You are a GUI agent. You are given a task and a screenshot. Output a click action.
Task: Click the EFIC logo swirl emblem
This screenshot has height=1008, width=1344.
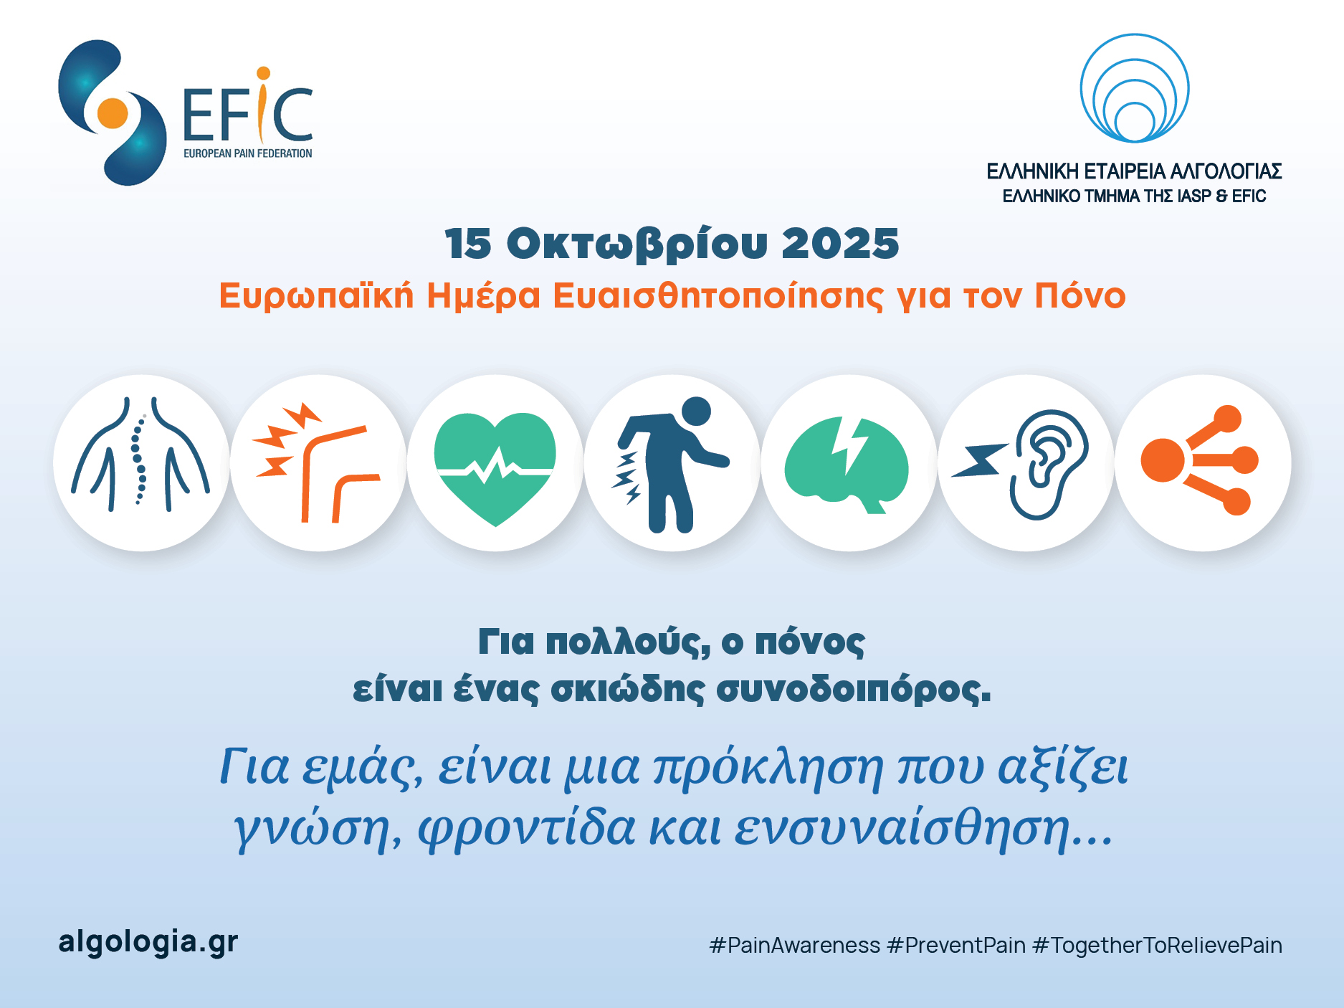(x=112, y=113)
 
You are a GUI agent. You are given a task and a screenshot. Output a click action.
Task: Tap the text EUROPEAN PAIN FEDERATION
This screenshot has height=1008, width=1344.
(x=248, y=153)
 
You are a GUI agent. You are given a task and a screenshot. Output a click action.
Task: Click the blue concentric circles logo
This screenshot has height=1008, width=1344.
(x=1135, y=88)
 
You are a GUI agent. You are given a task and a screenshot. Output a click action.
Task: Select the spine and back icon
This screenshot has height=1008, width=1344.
(x=141, y=455)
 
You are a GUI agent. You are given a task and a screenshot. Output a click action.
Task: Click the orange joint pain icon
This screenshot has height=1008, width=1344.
(x=316, y=463)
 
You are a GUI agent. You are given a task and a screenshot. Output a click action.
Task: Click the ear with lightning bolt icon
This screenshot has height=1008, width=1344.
(x=1021, y=465)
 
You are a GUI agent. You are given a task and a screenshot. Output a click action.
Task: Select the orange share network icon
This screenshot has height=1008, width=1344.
(x=1200, y=460)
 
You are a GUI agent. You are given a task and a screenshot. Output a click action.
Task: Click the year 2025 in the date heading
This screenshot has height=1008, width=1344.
(x=840, y=244)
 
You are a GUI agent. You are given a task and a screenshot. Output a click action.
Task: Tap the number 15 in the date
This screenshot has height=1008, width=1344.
(x=468, y=244)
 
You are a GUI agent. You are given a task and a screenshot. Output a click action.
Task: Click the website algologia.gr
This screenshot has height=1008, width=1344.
(x=148, y=943)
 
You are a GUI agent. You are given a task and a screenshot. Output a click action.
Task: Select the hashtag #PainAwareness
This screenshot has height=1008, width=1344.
(x=794, y=946)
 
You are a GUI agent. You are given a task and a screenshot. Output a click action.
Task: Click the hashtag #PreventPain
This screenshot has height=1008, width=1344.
(x=956, y=946)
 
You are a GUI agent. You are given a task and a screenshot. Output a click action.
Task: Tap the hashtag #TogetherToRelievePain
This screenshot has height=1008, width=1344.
(x=1158, y=946)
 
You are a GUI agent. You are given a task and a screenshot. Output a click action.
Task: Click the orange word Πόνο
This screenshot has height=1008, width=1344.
(x=1080, y=296)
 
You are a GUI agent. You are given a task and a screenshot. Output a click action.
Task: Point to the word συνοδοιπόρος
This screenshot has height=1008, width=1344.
(x=854, y=690)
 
